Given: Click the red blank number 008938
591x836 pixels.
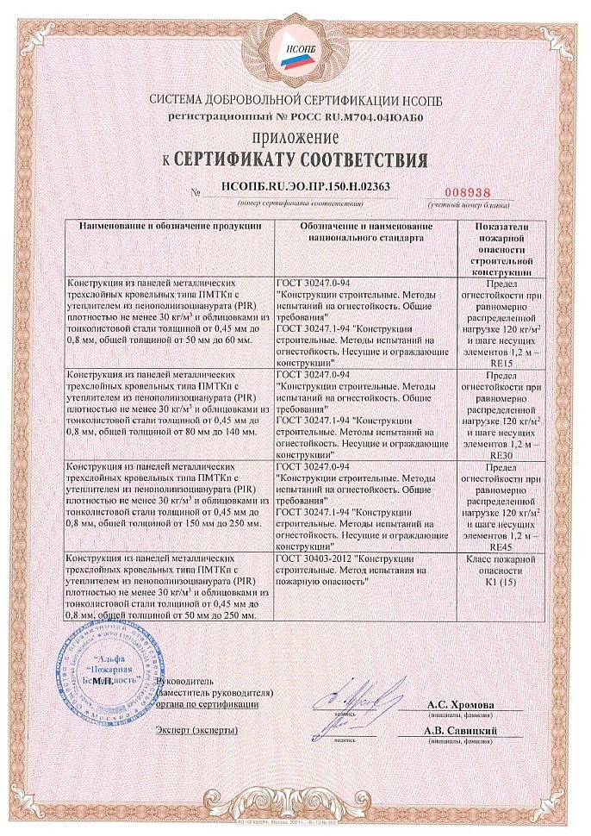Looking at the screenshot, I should pyautogui.click(x=464, y=191).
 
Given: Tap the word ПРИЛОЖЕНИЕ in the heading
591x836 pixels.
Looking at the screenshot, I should pyautogui.click(x=295, y=138).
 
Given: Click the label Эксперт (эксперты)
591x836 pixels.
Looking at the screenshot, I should pyautogui.click(x=196, y=730).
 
